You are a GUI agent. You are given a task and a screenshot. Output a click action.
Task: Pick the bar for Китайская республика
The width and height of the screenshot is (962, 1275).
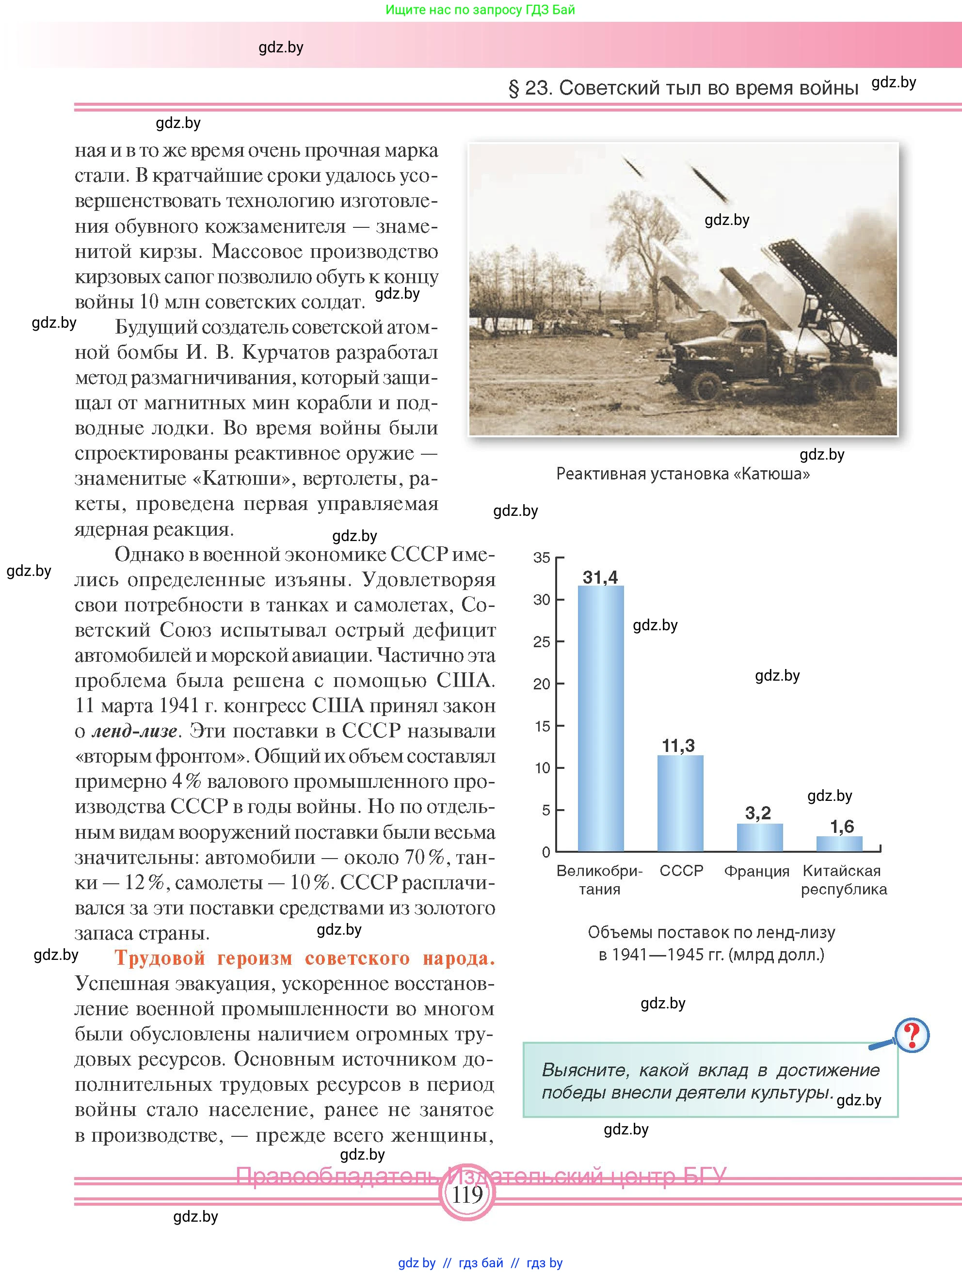839,844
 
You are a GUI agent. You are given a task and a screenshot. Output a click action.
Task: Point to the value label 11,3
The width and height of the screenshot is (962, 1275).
678,746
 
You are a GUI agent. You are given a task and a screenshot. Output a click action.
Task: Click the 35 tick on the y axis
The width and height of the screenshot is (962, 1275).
542,558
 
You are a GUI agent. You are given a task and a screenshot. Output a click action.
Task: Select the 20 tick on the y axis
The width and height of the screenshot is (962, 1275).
542,684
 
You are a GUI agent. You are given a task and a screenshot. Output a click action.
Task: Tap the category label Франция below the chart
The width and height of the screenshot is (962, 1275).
756,871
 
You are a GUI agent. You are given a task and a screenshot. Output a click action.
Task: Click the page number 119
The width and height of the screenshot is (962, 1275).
467,1195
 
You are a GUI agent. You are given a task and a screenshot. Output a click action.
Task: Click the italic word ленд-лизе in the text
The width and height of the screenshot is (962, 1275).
134,731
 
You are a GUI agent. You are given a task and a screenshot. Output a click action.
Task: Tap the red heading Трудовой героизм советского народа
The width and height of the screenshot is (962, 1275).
305,957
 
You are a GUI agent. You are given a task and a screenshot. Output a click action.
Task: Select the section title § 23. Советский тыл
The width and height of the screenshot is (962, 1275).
683,88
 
